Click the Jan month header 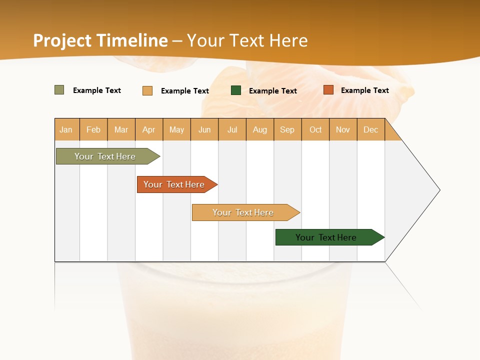tap(66, 129)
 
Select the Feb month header tap(93, 129)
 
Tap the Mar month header tap(121, 129)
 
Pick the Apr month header tap(149, 129)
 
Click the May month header tap(176, 129)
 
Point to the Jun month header tap(204, 129)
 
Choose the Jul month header tap(232, 129)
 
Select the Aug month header tap(260, 129)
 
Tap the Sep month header tap(287, 129)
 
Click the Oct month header tap(315, 129)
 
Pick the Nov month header tap(343, 129)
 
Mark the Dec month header tap(371, 129)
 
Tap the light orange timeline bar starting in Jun tap(243, 212)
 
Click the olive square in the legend tap(59, 90)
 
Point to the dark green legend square tap(236, 90)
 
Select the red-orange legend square tap(328, 90)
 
